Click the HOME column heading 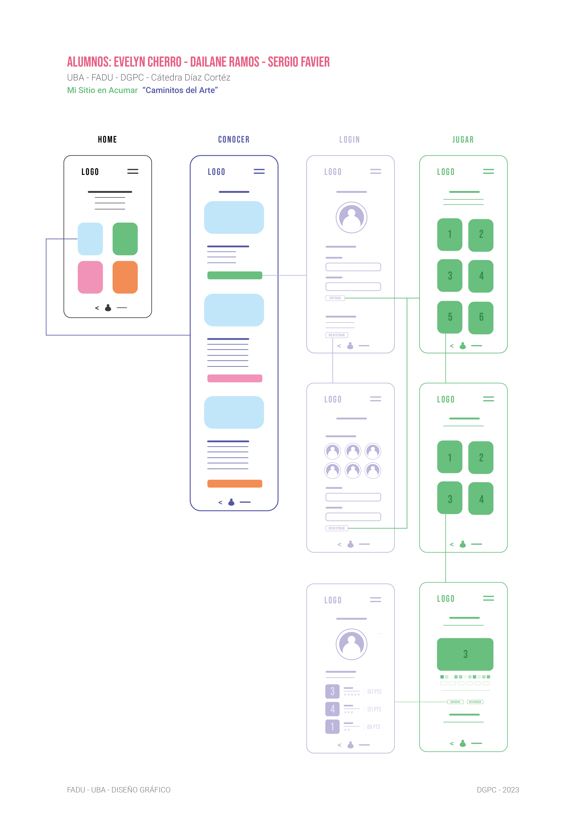(107, 140)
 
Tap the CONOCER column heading (234, 140)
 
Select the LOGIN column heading (349, 140)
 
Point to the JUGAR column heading (463, 140)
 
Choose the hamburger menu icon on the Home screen (133, 171)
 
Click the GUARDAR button (455, 702)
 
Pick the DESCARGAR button (475, 702)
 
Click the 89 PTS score (373, 727)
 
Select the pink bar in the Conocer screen (235, 378)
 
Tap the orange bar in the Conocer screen (235, 483)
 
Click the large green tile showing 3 (465, 654)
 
